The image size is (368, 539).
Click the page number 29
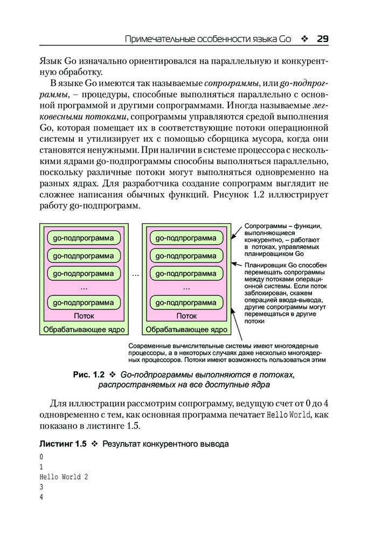pos(323,39)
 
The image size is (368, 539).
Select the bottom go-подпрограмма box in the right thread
pos(186,302)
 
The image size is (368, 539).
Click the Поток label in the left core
pos(84,316)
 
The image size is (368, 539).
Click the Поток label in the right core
pos(186,316)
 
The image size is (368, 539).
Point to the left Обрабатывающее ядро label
pos(84,329)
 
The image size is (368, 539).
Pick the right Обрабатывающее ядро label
pos(186,329)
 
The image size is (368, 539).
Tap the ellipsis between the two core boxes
pos(135,274)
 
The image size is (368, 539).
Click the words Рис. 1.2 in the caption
pos(88,374)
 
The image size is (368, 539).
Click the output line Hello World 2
pos(64,477)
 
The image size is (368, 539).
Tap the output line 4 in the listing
pos(41,497)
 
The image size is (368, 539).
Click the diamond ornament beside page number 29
pos(304,39)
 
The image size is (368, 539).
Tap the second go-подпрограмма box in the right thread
pos(186,255)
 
